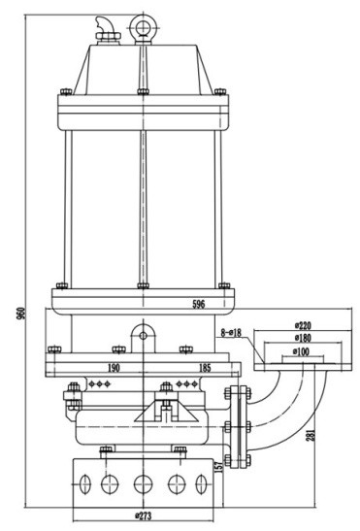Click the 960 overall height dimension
tap(21, 315)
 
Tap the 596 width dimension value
tap(199, 304)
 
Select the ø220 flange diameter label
tap(302, 326)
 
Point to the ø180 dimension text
tap(303, 338)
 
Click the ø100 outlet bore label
tap(301, 351)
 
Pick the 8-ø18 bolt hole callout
tap(231, 333)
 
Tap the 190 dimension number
tap(114, 368)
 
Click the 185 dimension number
tap(205, 368)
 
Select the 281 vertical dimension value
tap(311, 435)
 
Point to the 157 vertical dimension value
tap(219, 467)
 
